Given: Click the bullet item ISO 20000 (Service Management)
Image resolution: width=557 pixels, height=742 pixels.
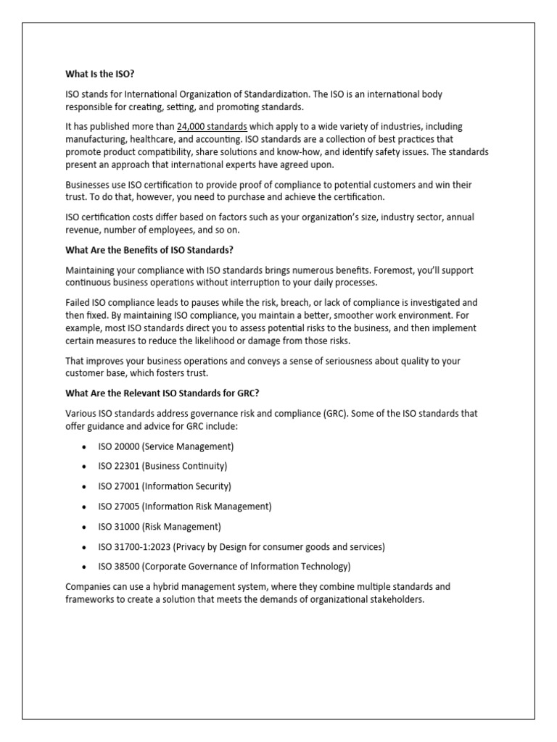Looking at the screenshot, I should tap(165, 447).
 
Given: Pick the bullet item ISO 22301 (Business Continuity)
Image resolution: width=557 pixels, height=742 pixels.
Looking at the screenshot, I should tap(162, 466).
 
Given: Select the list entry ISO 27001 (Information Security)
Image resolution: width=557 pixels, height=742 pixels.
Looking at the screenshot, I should tap(165, 486).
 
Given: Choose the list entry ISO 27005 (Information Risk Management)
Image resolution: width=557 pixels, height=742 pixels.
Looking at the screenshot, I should tap(184, 506).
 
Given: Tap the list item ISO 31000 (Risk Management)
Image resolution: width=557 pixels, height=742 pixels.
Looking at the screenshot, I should tap(160, 526).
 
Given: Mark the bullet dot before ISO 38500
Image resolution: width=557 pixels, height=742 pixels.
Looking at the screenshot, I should tap(85, 567).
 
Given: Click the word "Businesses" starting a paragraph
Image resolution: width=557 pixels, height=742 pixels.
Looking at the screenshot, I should tap(88, 185).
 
